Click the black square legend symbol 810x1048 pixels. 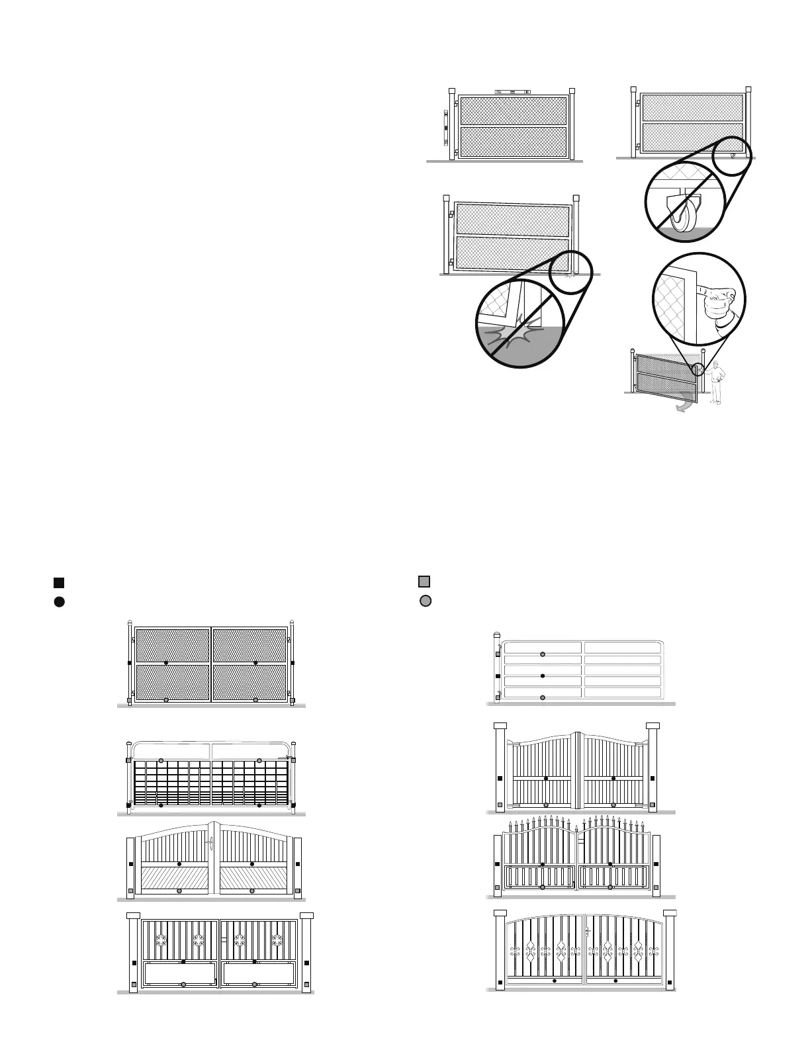pos(58,582)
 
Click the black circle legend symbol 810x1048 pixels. pos(58,601)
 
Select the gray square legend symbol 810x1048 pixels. pos(424,582)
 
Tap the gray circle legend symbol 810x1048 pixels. pos(426,601)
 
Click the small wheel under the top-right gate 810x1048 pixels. pos(733,155)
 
